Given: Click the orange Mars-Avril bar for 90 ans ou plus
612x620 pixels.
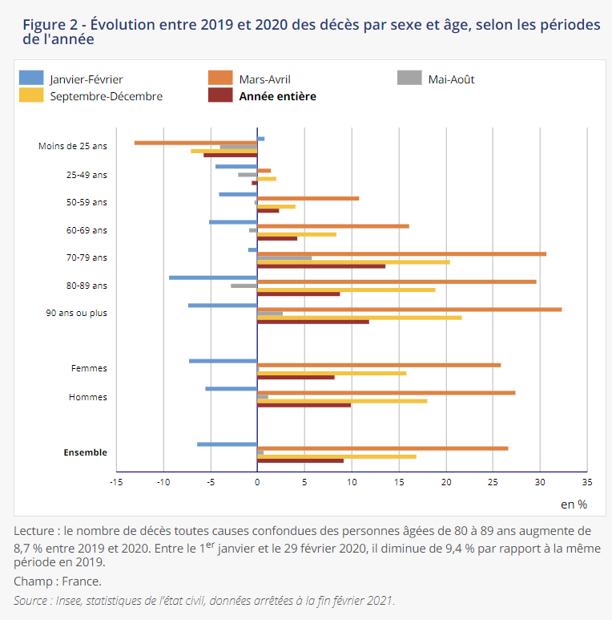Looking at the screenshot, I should [409, 310].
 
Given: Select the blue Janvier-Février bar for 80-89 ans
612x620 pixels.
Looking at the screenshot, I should [213, 278].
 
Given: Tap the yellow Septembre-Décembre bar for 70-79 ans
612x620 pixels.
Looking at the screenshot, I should [353, 262].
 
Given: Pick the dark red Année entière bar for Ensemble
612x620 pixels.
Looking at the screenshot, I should [300, 460].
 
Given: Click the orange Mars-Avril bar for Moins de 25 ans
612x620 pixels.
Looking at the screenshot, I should [195, 143].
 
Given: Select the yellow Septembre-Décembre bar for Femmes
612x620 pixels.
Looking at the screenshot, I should [332, 373].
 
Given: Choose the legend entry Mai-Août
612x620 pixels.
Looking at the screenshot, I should [451, 79].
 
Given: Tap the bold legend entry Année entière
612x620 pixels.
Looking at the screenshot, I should [277, 96].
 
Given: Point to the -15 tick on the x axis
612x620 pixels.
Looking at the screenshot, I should [116, 482].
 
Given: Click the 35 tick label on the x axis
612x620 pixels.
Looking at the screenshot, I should [586, 482].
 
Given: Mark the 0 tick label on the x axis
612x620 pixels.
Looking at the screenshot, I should [257, 482].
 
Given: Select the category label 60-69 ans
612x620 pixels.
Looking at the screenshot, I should [87, 230].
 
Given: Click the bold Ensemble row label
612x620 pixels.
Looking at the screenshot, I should [85, 452].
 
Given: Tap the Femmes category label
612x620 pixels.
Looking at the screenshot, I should [89, 369].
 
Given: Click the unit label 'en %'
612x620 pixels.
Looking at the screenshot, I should [574, 505].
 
